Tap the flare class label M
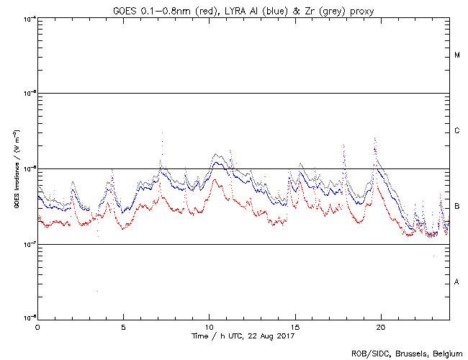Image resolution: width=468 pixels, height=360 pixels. coord(457,55)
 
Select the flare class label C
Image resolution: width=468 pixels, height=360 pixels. coord(457,131)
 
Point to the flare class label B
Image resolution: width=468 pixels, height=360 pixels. coord(457,207)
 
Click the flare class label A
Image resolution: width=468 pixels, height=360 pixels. coord(457,282)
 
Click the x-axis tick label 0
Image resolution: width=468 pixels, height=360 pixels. coord(37,326)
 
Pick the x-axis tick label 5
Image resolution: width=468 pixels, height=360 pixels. coord(123,326)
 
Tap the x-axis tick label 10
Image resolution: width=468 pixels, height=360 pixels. coord(209,326)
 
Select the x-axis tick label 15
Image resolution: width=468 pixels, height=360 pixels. coord(294,326)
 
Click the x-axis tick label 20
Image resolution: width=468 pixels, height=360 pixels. coord(380,326)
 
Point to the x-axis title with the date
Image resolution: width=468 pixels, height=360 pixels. coord(243,336)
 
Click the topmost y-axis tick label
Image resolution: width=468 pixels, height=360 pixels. coord(29,18)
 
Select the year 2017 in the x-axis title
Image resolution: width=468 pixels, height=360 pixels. coord(284,336)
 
